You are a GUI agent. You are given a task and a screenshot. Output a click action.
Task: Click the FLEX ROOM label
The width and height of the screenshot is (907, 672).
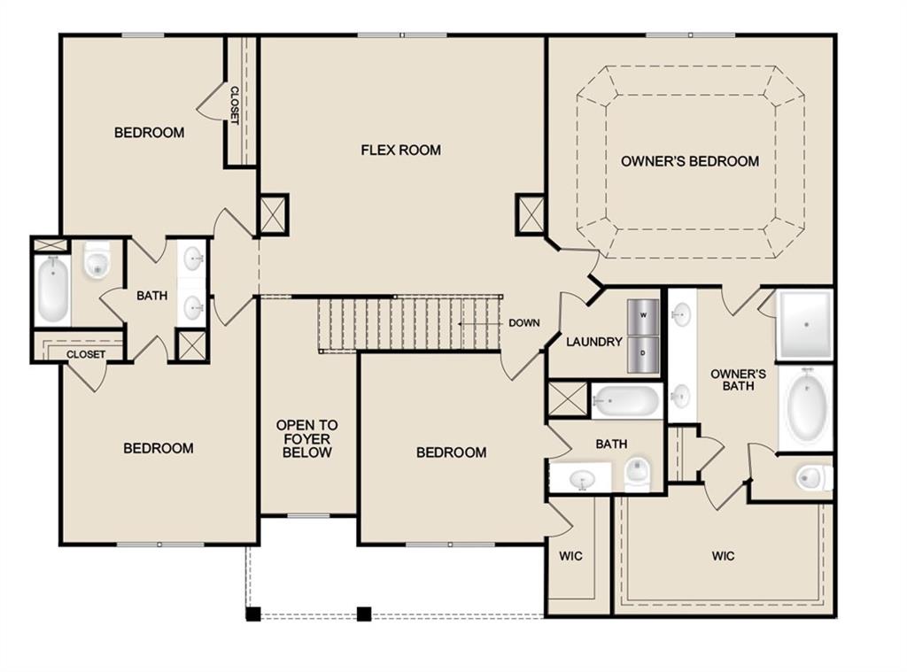pos(400,150)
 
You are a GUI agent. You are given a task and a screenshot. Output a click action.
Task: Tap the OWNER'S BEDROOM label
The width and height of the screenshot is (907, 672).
pos(689,161)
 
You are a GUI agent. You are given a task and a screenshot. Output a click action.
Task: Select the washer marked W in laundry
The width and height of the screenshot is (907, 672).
pos(643,315)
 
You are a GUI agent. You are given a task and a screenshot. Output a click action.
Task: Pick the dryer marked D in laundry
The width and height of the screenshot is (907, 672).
pos(643,350)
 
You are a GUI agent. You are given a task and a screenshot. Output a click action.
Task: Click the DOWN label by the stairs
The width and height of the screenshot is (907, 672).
pos(523,323)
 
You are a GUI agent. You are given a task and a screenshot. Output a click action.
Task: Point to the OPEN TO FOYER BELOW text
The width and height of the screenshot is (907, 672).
pos(306,438)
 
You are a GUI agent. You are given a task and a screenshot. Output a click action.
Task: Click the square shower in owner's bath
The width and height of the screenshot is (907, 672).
pos(804,324)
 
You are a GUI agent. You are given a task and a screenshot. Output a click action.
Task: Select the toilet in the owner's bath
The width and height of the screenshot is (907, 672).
pos(811,478)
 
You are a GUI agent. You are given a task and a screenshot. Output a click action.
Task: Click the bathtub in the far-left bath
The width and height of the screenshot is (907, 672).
pos(52,290)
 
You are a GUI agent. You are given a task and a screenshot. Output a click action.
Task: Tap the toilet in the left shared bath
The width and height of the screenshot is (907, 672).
pos(96,262)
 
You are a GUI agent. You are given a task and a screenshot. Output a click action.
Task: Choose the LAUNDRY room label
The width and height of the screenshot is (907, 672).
pos(594,342)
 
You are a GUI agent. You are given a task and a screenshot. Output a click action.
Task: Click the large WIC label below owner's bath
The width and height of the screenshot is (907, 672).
pos(723,556)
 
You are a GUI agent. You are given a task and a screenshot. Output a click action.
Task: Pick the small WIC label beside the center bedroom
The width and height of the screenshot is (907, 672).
pos(570,556)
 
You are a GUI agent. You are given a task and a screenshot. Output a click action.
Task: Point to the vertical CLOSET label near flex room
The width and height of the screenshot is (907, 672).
pos(235,104)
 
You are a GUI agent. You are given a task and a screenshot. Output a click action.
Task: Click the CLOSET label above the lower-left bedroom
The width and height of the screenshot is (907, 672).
pos(86,354)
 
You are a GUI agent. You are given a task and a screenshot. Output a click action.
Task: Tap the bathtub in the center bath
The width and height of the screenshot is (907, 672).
pos(626,402)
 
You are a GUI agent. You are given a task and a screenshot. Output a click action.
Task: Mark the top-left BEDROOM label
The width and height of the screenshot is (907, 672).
pos(149,133)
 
